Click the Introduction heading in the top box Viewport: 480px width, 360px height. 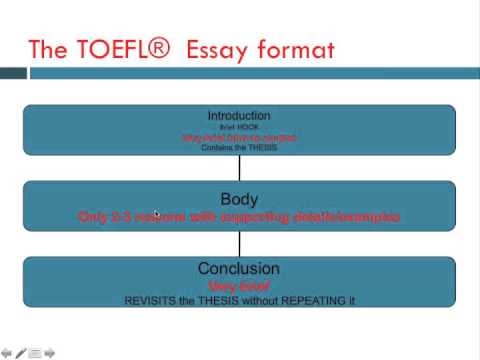239,115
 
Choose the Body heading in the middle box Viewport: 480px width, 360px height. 239,198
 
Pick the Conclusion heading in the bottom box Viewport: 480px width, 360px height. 239,269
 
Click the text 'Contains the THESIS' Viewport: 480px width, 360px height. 239,146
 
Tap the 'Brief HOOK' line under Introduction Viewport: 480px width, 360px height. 239,126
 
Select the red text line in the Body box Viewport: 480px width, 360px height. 239,216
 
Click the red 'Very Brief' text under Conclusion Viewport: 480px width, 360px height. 239,285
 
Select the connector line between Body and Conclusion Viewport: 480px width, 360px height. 239,244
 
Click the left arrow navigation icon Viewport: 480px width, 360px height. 7,352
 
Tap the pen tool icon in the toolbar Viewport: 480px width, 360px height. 21,352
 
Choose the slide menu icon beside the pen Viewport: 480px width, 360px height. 35,352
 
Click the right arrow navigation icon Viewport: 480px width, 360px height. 49,352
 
